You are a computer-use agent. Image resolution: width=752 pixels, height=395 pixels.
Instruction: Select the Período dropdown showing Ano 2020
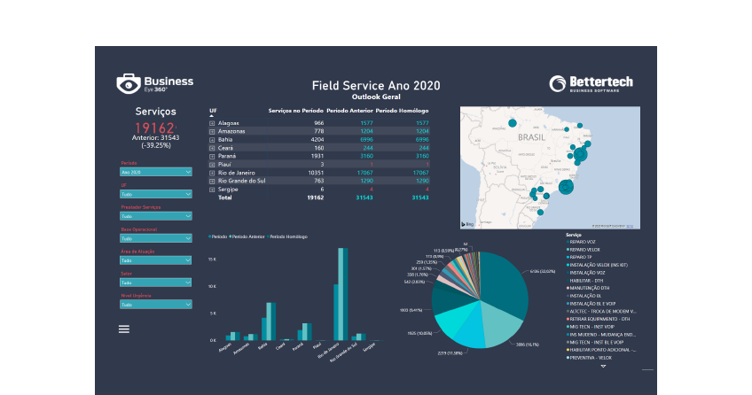[155, 172]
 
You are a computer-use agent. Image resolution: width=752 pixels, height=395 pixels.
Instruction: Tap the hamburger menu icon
[124, 329]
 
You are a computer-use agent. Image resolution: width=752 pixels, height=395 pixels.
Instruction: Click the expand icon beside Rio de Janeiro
[212, 172]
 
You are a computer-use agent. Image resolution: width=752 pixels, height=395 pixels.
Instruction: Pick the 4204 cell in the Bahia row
[312, 140]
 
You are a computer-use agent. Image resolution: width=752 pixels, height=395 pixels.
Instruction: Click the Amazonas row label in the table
[231, 131]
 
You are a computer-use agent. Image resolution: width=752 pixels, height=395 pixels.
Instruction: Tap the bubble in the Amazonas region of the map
[513, 123]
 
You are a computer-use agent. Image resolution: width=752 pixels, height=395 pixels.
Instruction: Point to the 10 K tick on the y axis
[212, 287]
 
